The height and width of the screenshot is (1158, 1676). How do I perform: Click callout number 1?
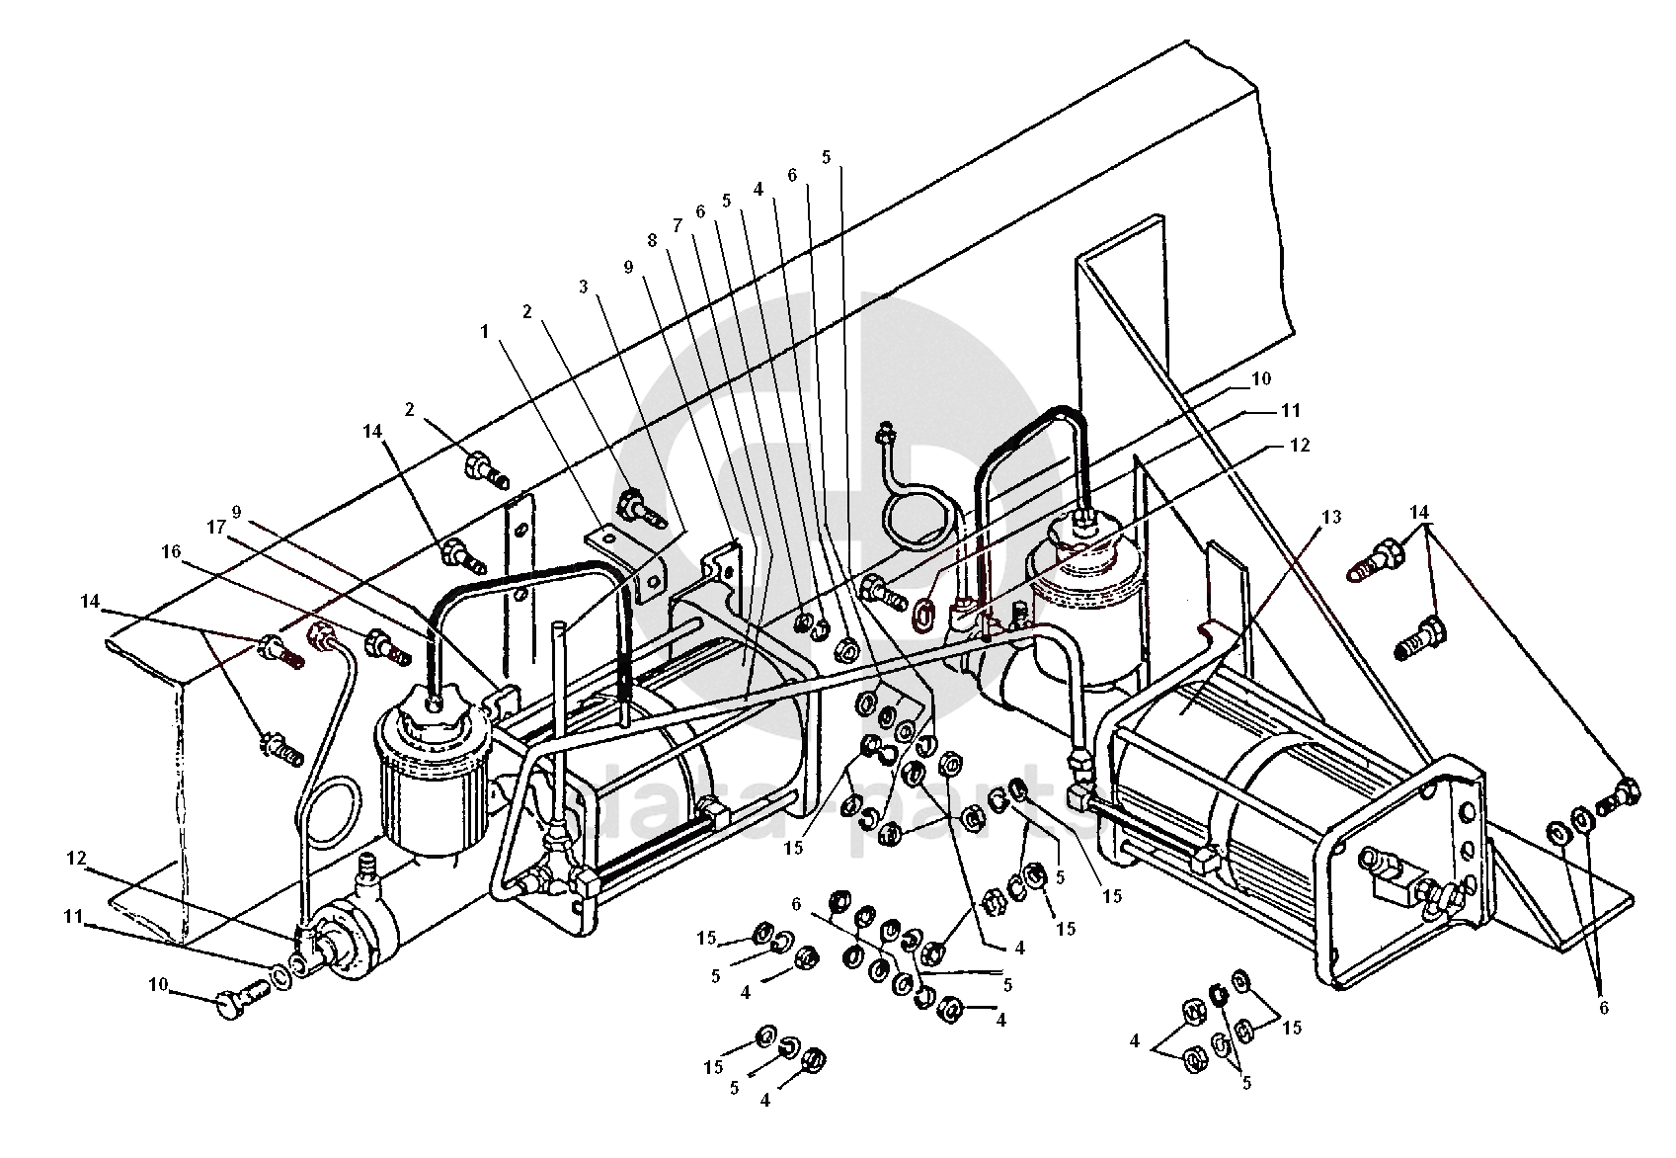(x=485, y=332)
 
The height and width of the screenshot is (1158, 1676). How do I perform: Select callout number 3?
(x=584, y=288)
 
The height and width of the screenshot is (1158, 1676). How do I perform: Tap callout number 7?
(x=678, y=225)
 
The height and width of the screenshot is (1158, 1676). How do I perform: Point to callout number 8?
(x=652, y=240)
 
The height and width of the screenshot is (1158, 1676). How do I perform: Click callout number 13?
(x=1332, y=517)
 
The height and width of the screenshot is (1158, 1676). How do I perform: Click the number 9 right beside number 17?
(x=238, y=512)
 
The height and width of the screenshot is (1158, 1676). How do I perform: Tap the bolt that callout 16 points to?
(x=385, y=648)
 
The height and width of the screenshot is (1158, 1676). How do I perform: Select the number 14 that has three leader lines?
(x=1419, y=513)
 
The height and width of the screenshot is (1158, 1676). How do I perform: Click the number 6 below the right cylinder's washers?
(x=1603, y=1008)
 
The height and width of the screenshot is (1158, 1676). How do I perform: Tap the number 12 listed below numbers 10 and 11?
(x=1300, y=446)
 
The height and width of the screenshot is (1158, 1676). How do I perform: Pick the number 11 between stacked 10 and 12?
(x=1292, y=410)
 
